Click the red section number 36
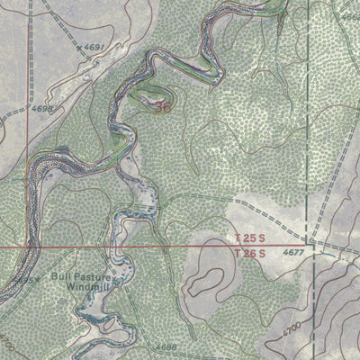coord(162,106)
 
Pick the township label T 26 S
coord(248,254)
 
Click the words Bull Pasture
coord(79,276)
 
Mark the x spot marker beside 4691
coord(79,47)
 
